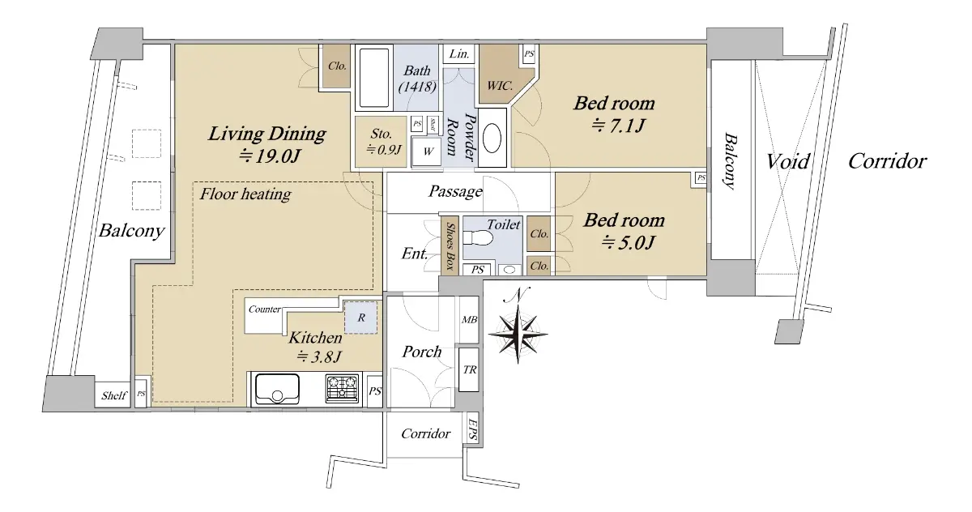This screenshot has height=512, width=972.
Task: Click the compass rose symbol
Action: pyautogui.click(x=518, y=334)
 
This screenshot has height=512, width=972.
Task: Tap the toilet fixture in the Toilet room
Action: pyautogui.click(x=478, y=238)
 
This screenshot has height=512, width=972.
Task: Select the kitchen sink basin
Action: pyautogui.click(x=277, y=389)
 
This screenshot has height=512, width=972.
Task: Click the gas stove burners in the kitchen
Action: pyautogui.click(x=343, y=387)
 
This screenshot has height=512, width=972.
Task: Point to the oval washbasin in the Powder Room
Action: pyautogui.click(x=492, y=139)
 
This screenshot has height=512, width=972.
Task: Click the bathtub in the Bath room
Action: pyautogui.click(x=374, y=77)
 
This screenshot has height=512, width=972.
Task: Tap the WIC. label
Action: pyautogui.click(x=500, y=86)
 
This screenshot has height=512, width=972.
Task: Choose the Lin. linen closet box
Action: pyautogui.click(x=459, y=53)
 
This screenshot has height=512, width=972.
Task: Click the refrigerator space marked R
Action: pyautogui.click(x=360, y=318)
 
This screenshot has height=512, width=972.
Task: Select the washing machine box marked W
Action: pyautogui.click(x=428, y=151)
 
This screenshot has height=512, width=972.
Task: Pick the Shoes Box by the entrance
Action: pyautogui.click(x=450, y=245)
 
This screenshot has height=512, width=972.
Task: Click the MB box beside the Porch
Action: pyautogui.click(x=469, y=320)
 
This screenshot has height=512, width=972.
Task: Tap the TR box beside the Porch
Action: pyautogui.click(x=469, y=369)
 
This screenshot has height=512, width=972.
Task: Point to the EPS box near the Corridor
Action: pyautogui.click(x=472, y=429)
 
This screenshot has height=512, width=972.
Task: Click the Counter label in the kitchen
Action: pyautogui.click(x=264, y=309)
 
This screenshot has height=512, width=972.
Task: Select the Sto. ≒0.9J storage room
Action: pyautogui.click(x=381, y=142)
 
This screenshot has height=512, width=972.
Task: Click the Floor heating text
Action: pyautogui.click(x=245, y=194)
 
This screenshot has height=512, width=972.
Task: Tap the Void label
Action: pyautogui.click(x=787, y=161)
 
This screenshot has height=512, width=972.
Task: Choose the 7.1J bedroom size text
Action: pyautogui.click(x=618, y=126)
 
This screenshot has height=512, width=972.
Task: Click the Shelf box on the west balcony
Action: pyautogui.click(x=113, y=395)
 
